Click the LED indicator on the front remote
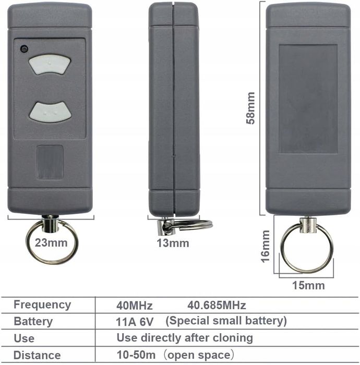coord(24,49)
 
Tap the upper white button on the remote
coord(50,65)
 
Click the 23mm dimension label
coord(51,243)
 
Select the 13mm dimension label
coord(173,244)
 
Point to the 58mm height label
coord(250,108)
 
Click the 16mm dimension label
coord(265,246)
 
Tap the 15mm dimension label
coord(308,285)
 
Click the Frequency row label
coord(42,305)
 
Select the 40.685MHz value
coord(217,305)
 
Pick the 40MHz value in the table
coord(135,306)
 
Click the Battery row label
coord(33,322)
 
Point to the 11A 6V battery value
coord(135,322)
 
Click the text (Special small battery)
coord(226,321)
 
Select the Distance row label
coord(37,355)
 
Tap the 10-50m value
coord(136,355)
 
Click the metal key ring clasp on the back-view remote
coord(307,225)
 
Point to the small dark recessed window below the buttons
coord(50,162)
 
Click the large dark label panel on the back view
coord(308,99)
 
